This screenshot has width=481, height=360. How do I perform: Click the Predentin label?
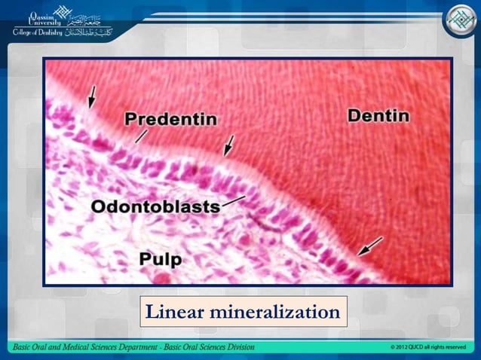click(170, 119)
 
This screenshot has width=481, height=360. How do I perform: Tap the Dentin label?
click(378, 116)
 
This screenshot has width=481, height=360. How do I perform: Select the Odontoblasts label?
click(155, 206)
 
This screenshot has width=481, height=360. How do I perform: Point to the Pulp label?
click(160, 259)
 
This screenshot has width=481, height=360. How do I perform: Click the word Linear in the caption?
click(175, 311)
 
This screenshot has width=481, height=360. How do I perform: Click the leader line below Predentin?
click(140, 136)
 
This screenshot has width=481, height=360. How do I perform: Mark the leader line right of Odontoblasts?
click(234, 200)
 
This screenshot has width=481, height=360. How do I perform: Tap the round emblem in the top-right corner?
click(458, 21)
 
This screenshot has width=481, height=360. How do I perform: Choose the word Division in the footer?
click(237, 347)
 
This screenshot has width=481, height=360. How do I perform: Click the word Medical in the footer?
click(73, 347)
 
